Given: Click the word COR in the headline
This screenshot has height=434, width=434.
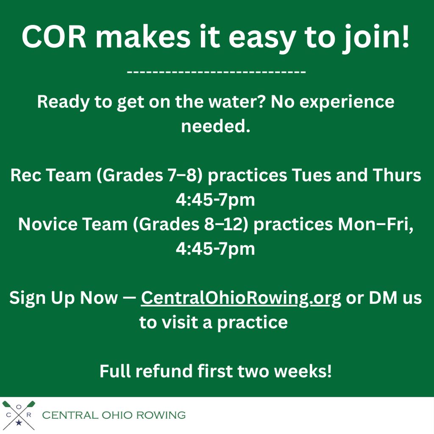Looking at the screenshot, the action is click(x=54, y=37).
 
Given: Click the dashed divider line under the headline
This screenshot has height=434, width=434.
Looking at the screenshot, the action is click(x=216, y=72).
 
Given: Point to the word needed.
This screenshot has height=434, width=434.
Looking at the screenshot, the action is click(x=216, y=126).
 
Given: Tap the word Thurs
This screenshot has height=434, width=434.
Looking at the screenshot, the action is click(x=397, y=175).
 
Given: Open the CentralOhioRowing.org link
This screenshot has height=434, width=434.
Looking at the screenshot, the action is click(x=241, y=298).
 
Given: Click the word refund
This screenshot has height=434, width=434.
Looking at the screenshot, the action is click(x=164, y=371).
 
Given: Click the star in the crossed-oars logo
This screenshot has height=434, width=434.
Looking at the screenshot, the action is click(x=19, y=423).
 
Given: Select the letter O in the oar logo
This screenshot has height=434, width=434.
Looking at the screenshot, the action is click(x=19, y=406).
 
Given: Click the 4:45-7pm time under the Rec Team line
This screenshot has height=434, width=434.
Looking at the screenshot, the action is click(x=215, y=200).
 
